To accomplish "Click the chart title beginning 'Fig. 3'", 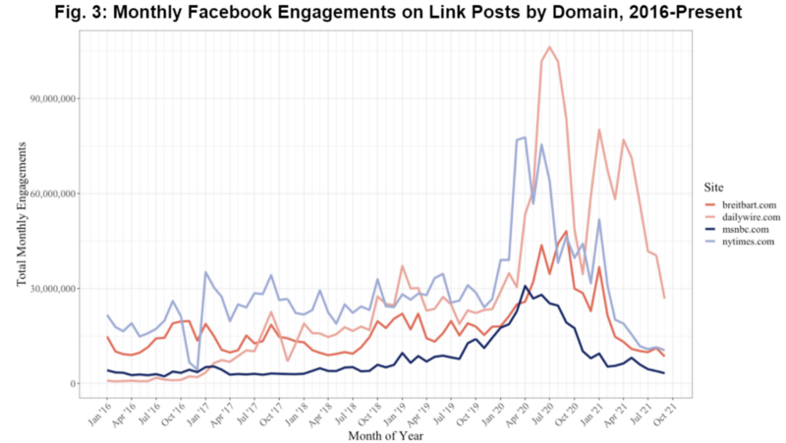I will point(393,13).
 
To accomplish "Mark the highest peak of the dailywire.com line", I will point(549,47).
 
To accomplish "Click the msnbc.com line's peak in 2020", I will point(525,286).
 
